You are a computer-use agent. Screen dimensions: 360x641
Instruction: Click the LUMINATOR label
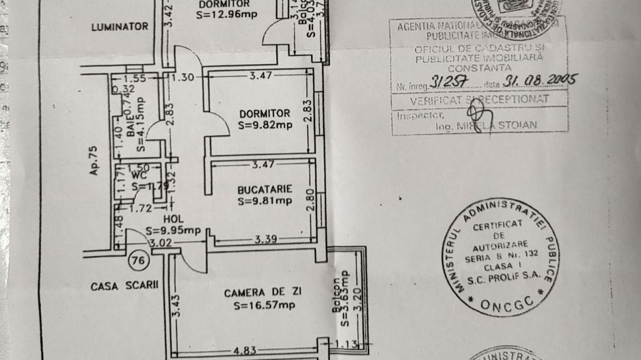(x=120, y=27)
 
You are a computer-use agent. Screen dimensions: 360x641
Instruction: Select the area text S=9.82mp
(x=264, y=126)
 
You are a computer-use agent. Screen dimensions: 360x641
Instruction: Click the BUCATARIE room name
(x=265, y=189)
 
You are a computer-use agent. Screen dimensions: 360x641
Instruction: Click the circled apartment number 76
(x=139, y=259)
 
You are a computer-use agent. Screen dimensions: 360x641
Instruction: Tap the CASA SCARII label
(x=124, y=287)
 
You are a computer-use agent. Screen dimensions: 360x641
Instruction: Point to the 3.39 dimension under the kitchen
(x=266, y=239)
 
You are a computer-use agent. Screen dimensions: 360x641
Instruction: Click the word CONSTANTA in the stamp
(x=479, y=68)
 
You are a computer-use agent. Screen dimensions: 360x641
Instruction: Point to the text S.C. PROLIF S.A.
(x=500, y=277)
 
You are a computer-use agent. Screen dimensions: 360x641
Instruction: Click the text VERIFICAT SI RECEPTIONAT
(x=479, y=99)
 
